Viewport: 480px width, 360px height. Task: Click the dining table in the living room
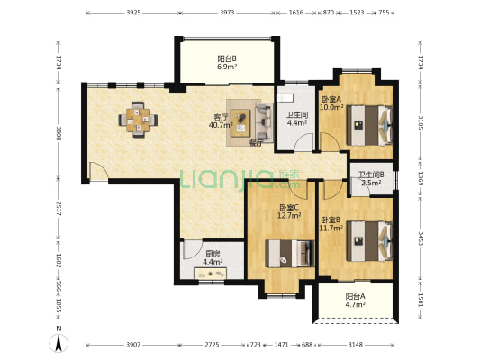139,120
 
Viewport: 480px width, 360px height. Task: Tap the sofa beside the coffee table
264,122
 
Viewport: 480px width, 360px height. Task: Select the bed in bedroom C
290,254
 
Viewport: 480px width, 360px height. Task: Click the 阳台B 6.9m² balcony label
227,63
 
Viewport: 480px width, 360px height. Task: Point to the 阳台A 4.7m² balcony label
355,301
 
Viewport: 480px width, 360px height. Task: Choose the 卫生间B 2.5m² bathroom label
371,179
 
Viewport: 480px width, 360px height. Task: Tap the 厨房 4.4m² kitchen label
213,257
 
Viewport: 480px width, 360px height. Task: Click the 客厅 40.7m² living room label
221,121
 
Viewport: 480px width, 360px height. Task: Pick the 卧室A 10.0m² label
331,103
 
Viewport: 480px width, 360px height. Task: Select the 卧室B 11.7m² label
331,224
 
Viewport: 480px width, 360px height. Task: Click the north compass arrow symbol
59,343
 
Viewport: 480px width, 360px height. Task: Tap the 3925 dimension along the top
133,13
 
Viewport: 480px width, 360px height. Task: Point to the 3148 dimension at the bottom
356,345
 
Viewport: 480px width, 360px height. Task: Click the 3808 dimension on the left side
59,134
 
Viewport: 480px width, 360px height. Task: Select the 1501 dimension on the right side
421,300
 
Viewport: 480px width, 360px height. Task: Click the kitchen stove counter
211,273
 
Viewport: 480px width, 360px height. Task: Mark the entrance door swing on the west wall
98,172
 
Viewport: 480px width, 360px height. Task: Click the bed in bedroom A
369,125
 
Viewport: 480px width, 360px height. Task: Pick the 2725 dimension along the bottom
212,345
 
